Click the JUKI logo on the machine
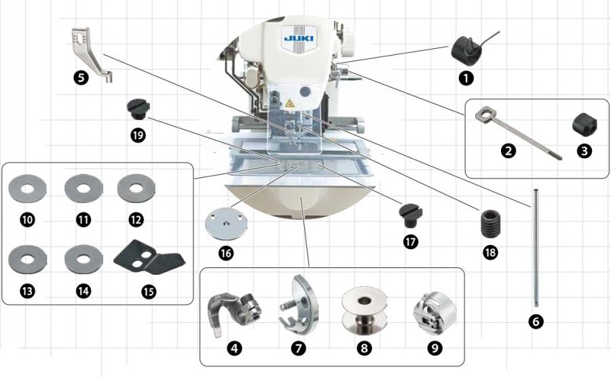(x=298, y=38)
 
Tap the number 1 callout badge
(x=466, y=77)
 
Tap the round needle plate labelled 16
(x=225, y=222)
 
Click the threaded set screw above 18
(x=490, y=222)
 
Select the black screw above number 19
(x=138, y=107)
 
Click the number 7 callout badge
(x=299, y=348)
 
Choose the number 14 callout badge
(x=83, y=291)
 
